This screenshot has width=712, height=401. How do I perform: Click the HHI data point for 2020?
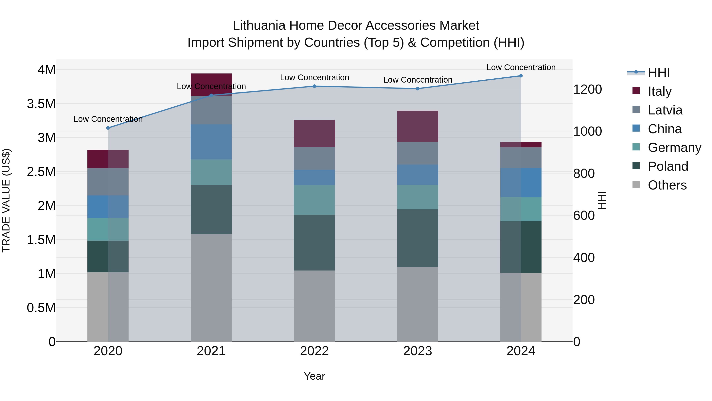(x=108, y=128)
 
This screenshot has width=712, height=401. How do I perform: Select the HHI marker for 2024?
(x=521, y=76)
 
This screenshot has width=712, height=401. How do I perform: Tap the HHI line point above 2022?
(x=314, y=86)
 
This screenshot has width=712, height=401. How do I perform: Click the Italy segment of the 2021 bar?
(x=211, y=84)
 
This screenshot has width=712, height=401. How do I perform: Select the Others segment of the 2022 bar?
(x=314, y=306)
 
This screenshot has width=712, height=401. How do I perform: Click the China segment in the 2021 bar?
(x=211, y=142)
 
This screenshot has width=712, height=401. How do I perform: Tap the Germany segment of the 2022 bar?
(x=314, y=200)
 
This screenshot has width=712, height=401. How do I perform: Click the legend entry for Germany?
(x=674, y=148)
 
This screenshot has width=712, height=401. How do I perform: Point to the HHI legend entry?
(x=659, y=72)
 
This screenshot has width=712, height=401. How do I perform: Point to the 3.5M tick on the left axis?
(x=41, y=104)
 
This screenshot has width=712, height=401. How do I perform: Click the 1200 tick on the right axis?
(x=587, y=89)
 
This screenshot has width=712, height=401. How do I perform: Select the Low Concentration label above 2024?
(x=521, y=67)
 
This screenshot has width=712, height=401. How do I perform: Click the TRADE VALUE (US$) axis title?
(x=6, y=200)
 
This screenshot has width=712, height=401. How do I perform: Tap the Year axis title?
(x=314, y=376)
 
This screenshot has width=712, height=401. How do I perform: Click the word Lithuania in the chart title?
(x=259, y=26)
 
